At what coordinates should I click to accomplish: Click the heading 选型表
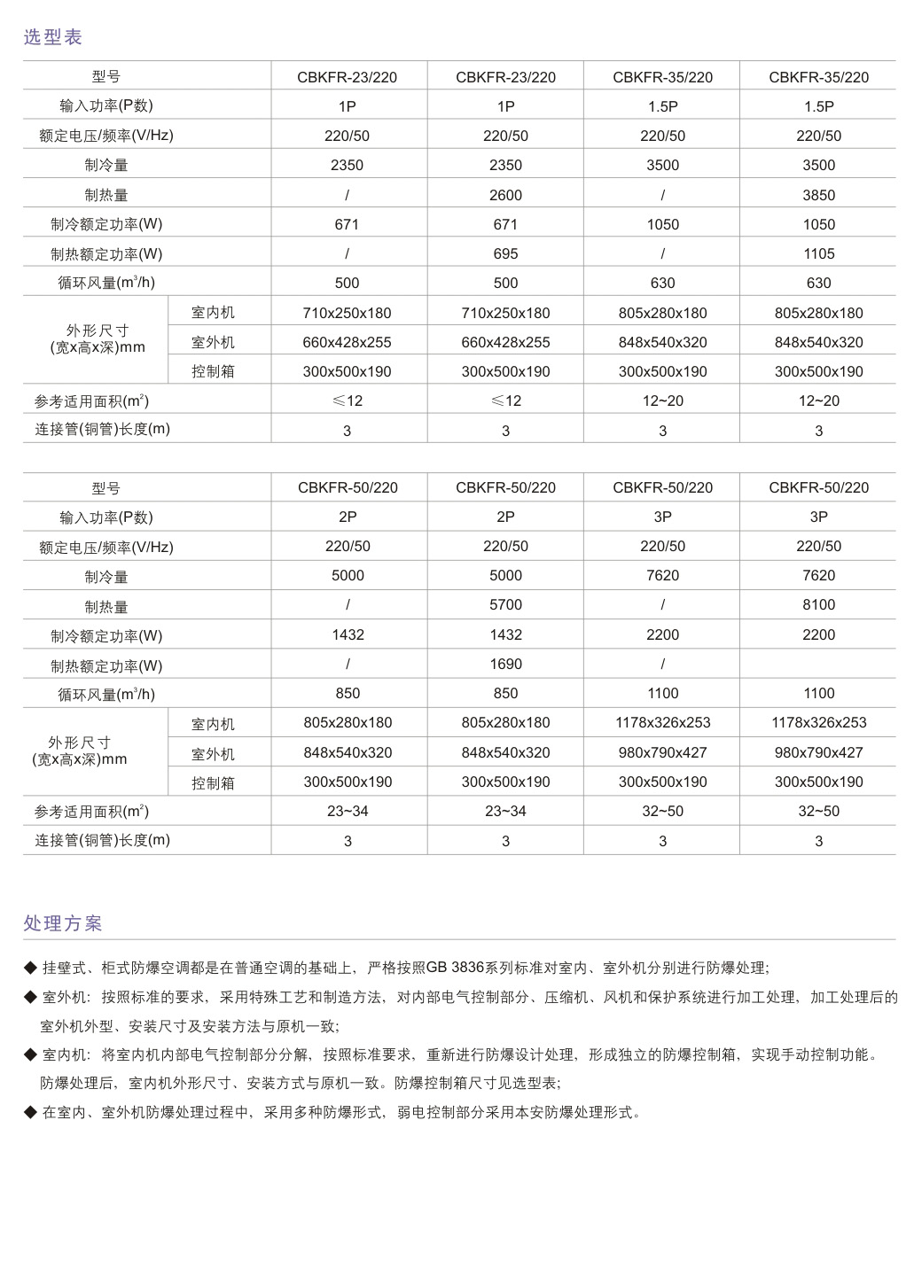click(x=52, y=37)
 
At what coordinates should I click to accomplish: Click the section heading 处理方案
click(x=63, y=923)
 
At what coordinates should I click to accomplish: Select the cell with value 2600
click(x=505, y=195)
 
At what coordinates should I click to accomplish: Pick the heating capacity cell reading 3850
click(x=818, y=195)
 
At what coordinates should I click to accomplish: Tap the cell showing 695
click(x=505, y=254)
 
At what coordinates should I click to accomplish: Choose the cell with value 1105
click(x=818, y=254)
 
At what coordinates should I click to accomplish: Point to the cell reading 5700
click(x=505, y=605)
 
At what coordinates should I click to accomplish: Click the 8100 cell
click(x=818, y=605)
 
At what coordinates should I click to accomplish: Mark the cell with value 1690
click(x=505, y=665)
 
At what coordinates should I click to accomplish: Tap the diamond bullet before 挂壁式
click(x=30, y=968)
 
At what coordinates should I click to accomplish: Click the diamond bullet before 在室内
click(x=30, y=1112)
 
